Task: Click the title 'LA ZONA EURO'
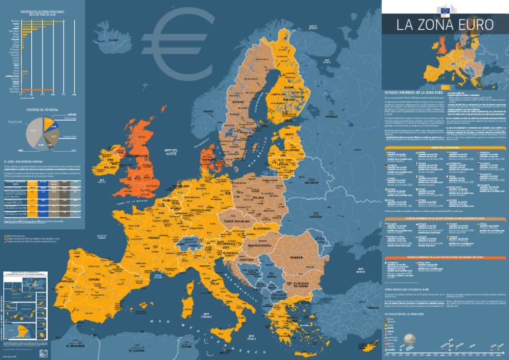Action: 445,26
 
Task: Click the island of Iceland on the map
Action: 109,41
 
